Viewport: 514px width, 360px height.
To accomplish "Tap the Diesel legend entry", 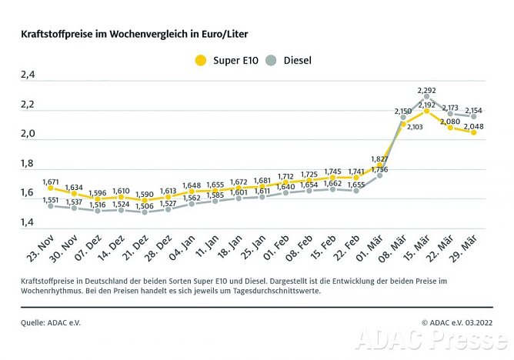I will click(x=293, y=59).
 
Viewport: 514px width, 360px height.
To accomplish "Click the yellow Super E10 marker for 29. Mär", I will click(x=472, y=132).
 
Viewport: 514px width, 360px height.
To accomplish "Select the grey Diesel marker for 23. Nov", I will click(x=51, y=205).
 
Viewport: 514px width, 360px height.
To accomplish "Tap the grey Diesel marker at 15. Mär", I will click(x=426, y=97).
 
